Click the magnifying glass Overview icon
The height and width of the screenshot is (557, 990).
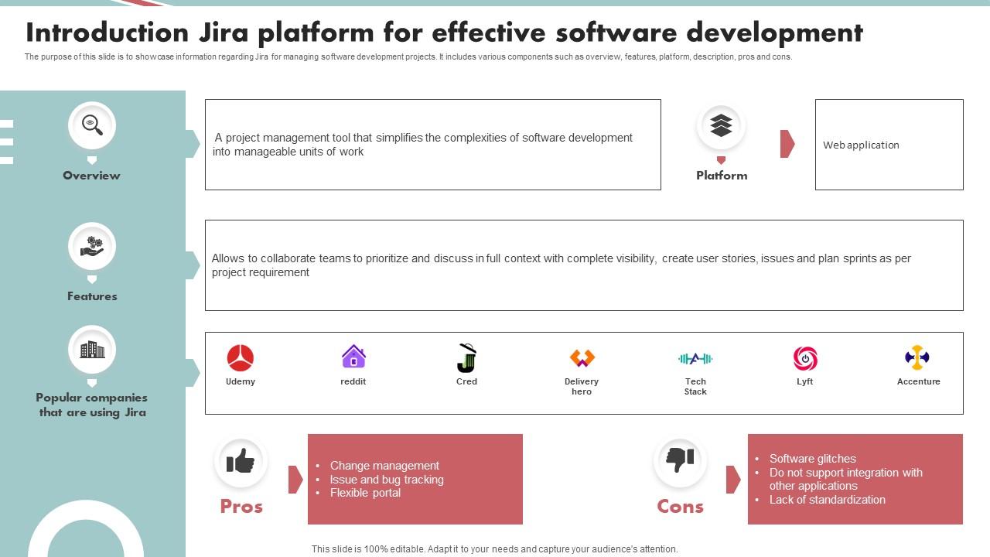[x=92, y=125]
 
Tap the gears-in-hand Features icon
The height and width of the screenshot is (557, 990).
[x=92, y=246]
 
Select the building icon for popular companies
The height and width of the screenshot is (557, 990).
[x=92, y=349]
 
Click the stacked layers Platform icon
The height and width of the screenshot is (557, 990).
[x=721, y=125]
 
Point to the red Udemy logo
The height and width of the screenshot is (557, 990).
[x=241, y=358]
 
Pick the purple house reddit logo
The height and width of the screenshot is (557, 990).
[x=353, y=357]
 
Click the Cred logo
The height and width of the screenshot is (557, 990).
[x=466, y=358]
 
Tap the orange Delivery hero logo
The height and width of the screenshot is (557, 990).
[x=582, y=358]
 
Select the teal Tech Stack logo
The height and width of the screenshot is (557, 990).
[x=695, y=358]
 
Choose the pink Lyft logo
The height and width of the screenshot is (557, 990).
[x=805, y=358]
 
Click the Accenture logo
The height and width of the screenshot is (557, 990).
[x=917, y=357]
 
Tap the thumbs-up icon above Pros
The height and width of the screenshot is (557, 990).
[x=241, y=461]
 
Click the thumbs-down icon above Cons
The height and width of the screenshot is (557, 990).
[x=680, y=460]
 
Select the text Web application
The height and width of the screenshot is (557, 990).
[x=861, y=145]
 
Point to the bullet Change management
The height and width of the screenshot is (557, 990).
[x=384, y=466]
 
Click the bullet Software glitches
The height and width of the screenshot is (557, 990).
[x=812, y=459]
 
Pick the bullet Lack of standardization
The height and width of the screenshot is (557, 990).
[x=827, y=500]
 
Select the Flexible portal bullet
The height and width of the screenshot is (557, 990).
[x=365, y=493]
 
